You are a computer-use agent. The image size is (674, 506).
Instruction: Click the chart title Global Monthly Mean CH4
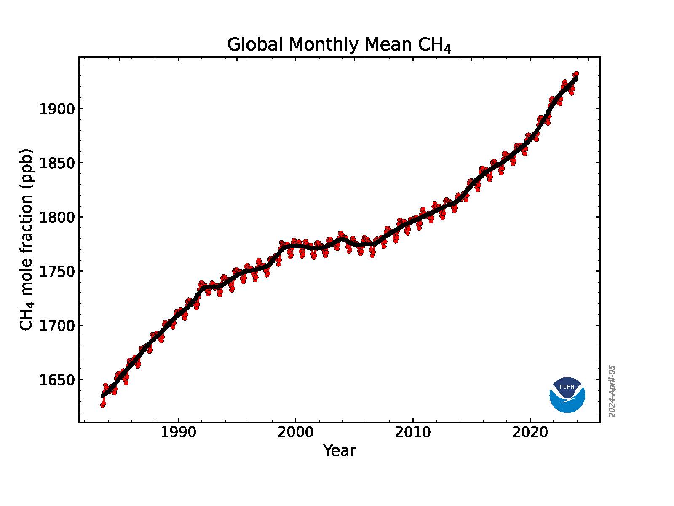coord(339,45)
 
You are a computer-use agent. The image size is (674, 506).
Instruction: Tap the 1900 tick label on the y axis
coord(56,109)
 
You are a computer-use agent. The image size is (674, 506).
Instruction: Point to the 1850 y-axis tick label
coord(56,163)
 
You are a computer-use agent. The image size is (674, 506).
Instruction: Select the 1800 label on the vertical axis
coord(56,218)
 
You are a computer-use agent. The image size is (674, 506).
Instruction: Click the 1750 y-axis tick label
coord(56,272)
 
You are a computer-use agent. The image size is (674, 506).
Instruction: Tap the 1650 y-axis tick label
coord(56,380)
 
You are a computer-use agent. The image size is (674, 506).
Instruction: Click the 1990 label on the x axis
coord(178,433)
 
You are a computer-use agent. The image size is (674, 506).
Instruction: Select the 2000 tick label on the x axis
coord(295,433)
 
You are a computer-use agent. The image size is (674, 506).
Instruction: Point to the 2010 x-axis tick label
coord(412,433)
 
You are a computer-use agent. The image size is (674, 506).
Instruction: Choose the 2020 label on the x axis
coord(530,433)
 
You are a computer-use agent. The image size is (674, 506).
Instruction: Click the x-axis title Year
coord(340,451)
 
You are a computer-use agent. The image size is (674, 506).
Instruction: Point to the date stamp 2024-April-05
coord(612,391)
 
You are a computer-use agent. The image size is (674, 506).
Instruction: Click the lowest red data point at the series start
coord(103,405)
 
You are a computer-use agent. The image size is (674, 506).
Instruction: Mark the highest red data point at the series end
coord(576,74)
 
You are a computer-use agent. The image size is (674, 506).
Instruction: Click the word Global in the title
coord(255,45)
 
